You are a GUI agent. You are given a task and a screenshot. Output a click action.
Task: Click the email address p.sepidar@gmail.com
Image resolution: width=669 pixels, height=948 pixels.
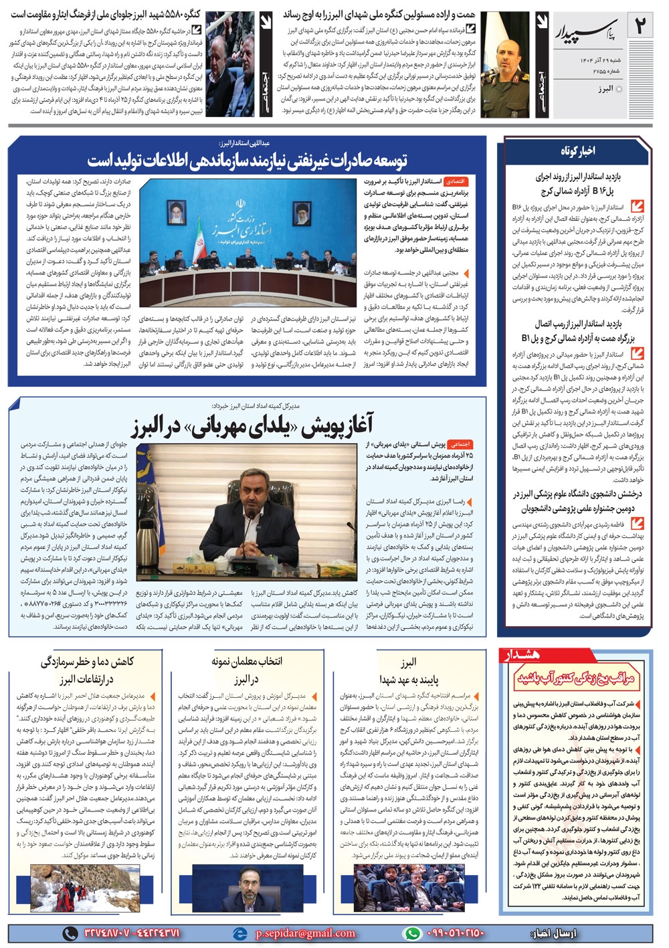[x=305, y=933]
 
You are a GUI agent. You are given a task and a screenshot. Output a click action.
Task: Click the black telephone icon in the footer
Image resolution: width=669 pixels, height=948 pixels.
[x=70, y=933]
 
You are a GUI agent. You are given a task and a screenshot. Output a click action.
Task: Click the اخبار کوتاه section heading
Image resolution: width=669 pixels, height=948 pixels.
[x=577, y=151]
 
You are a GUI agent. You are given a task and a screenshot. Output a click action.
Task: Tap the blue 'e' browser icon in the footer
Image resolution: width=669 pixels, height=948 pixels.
[x=239, y=933]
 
